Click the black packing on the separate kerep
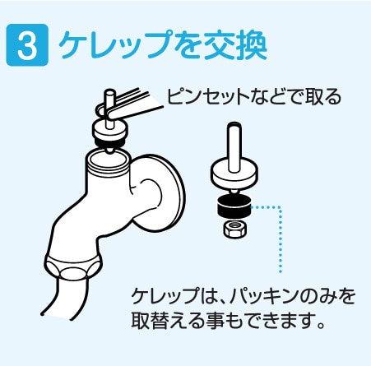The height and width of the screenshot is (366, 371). [x=234, y=205]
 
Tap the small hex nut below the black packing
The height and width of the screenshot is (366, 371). [x=234, y=227]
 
